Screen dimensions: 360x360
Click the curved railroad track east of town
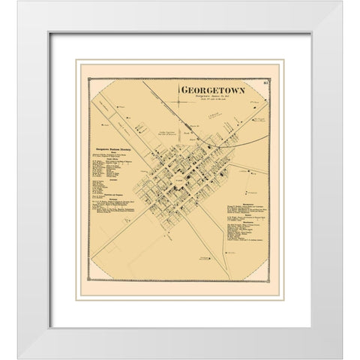point(240,139)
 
